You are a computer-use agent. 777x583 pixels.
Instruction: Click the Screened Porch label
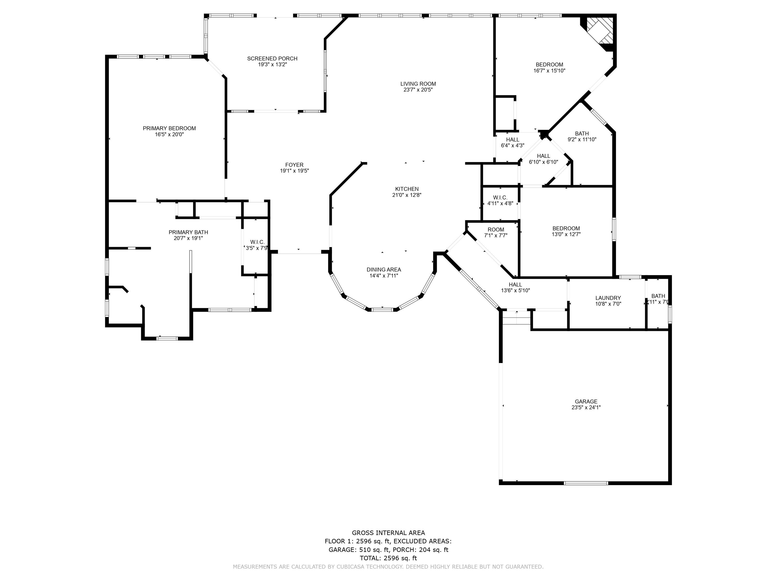click(x=272, y=59)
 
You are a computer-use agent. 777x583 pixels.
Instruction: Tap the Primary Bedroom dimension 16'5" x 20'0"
click(x=169, y=134)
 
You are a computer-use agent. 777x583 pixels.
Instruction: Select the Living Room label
click(x=418, y=84)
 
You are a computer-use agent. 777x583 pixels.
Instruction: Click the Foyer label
click(x=294, y=165)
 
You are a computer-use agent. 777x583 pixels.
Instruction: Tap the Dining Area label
click(x=384, y=269)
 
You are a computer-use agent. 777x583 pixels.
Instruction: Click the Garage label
click(x=586, y=401)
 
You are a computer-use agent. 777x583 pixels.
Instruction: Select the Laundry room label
click(x=608, y=298)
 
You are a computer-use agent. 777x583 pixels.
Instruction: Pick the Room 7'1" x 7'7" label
click(x=496, y=230)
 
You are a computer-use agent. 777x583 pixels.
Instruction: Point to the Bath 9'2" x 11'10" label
click(x=582, y=133)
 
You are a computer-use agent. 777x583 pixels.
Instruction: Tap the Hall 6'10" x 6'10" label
click(x=543, y=156)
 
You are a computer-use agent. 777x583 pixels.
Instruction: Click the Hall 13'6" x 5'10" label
click(x=515, y=285)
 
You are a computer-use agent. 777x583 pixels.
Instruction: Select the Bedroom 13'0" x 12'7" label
click(x=566, y=229)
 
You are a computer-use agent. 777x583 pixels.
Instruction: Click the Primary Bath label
click(x=188, y=232)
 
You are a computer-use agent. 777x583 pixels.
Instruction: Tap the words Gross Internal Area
click(x=388, y=533)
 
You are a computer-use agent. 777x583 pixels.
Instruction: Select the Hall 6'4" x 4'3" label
click(x=513, y=139)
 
